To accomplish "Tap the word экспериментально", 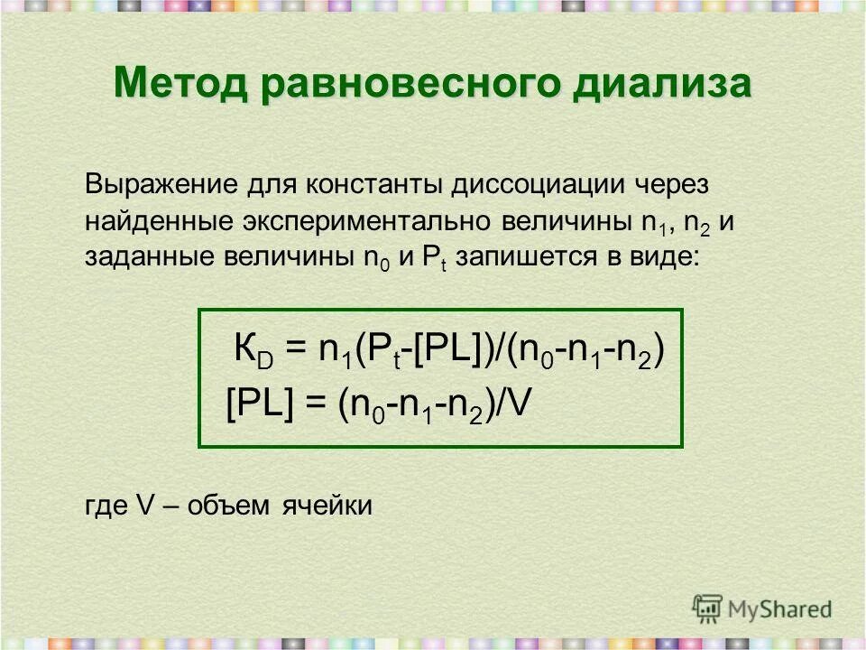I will (x=360, y=221).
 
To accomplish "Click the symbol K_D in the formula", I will (x=249, y=351).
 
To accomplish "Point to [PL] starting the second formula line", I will (x=260, y=404).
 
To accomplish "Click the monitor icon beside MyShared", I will (x=708, y=608).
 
